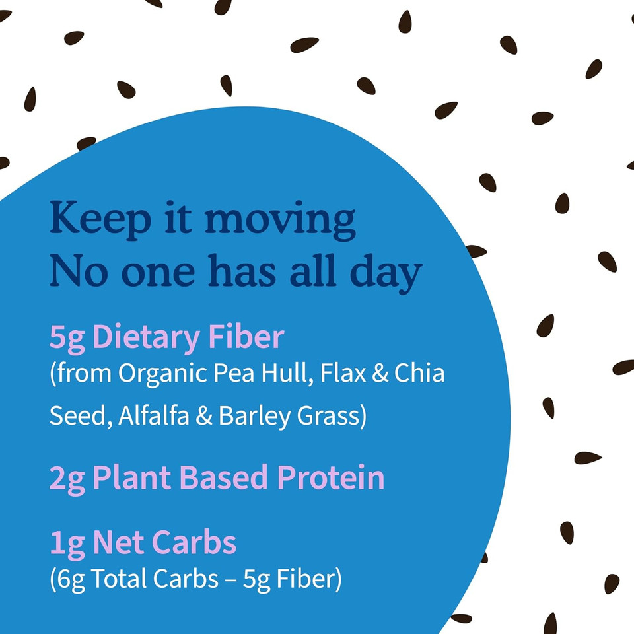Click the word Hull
pos(288,374)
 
